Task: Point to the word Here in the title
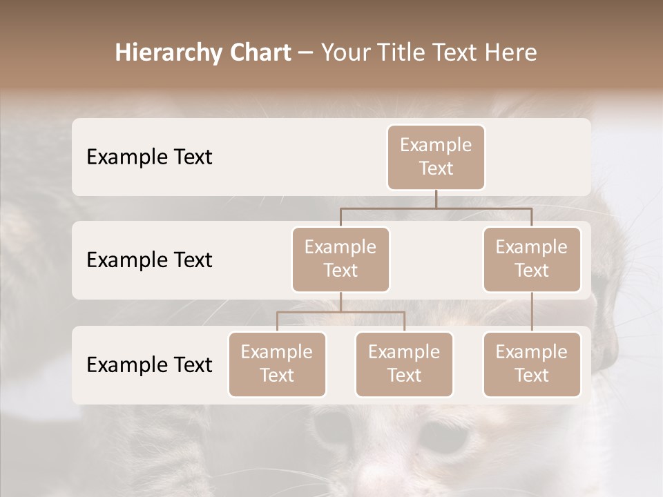(x=510, y=53)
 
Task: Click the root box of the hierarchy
(x=436, y=157)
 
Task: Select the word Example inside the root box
(x=436, y=145)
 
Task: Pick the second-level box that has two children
(x=340, y=259)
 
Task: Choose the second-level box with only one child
(x=532, y=259)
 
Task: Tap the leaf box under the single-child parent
(x=532, y=364)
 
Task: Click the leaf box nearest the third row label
(x=277, y=364)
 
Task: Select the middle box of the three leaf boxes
(x=404, y=364)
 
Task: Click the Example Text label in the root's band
(x=149, y=157)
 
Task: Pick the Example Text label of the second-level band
(x=149, y=260)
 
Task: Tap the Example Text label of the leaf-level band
(x=149, y=364)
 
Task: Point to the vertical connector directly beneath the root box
(x=436, y=199)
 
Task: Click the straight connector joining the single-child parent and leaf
(x=532, y=312)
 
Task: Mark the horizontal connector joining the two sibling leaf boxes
(x=340, y=312)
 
